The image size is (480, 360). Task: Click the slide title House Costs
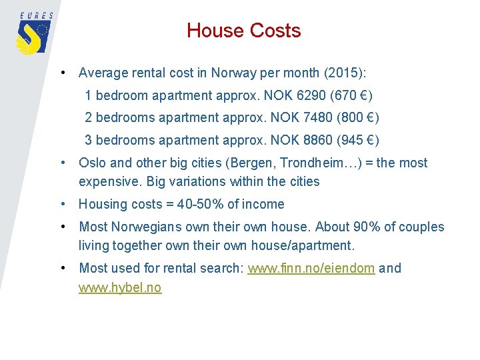[243, 31]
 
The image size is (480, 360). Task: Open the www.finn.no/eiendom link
[311, 269]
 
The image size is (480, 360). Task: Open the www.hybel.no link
[120, 288]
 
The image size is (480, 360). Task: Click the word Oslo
[93, 163]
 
